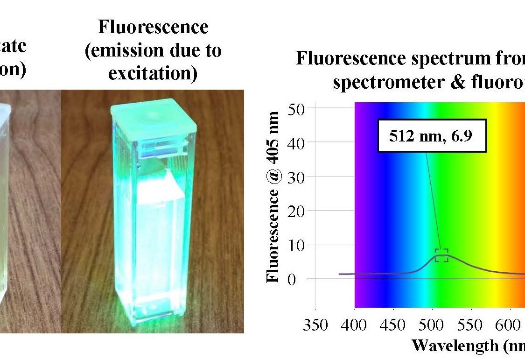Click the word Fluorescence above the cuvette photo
pos(153,27)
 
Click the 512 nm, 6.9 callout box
pos(432,135)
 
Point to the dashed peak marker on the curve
pos(441,255)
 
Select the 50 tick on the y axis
pos(297,109)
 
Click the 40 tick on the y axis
pos(297,143)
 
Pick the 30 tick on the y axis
pos(297,177)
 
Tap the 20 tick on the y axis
pos(297,211)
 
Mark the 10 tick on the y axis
pos(297,245)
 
